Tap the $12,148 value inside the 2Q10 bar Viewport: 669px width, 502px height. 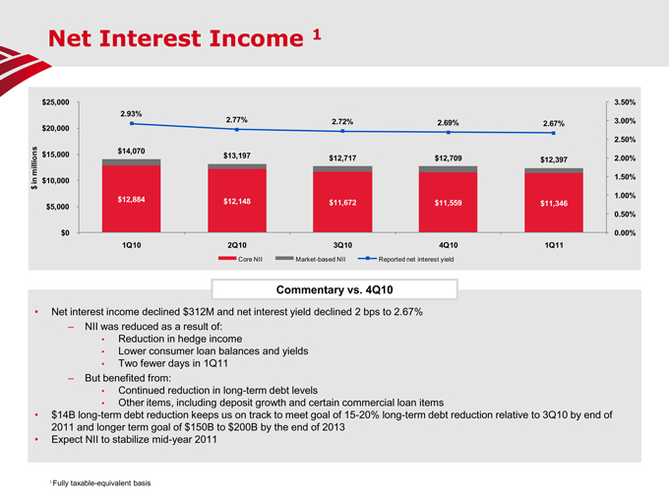point(237,202)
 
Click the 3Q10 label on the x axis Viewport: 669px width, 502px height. point(342,243)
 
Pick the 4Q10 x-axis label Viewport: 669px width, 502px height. point(449,243)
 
